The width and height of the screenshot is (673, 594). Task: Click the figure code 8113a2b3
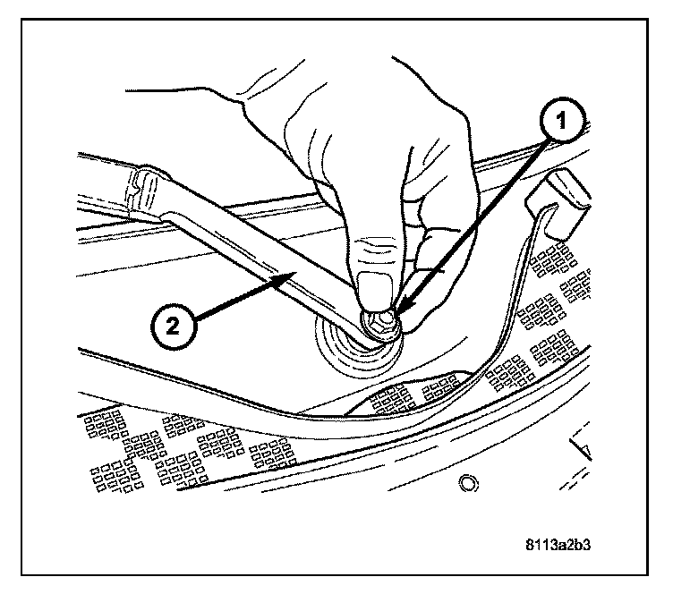pos(570,543)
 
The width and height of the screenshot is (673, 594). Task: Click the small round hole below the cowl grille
pos(466,485)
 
